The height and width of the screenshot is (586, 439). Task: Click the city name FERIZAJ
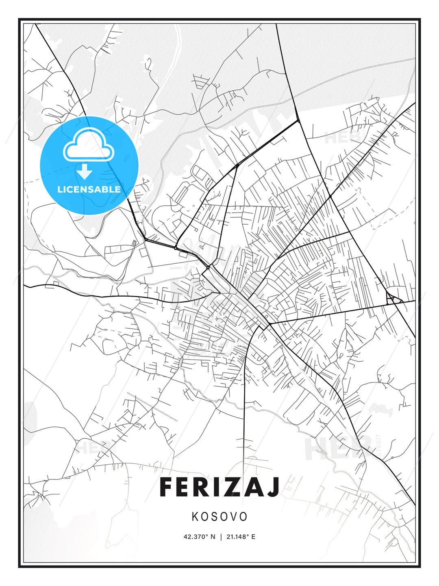click(x=219, y=487)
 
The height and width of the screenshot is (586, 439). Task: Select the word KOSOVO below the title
click(x=219, y=517)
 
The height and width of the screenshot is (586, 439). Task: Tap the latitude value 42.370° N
click(x=199, y=537)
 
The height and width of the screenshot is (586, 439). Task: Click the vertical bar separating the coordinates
click(x=220, y=537)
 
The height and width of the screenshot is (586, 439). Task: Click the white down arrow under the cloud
click(x=85, y=172)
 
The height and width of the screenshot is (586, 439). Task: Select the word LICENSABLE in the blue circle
click(x=89, y=189)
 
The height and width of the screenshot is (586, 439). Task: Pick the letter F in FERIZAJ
click(x=167, y=487)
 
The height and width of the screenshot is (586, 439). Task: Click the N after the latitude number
click(x=213, y=537)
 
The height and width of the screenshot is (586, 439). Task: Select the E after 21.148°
click(x=253, y=537)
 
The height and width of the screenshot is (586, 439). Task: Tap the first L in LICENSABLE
click(x=60, y=189)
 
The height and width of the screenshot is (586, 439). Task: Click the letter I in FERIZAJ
click(x=217, y=487)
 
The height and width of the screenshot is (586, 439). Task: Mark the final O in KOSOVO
click(x=243, y=517)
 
